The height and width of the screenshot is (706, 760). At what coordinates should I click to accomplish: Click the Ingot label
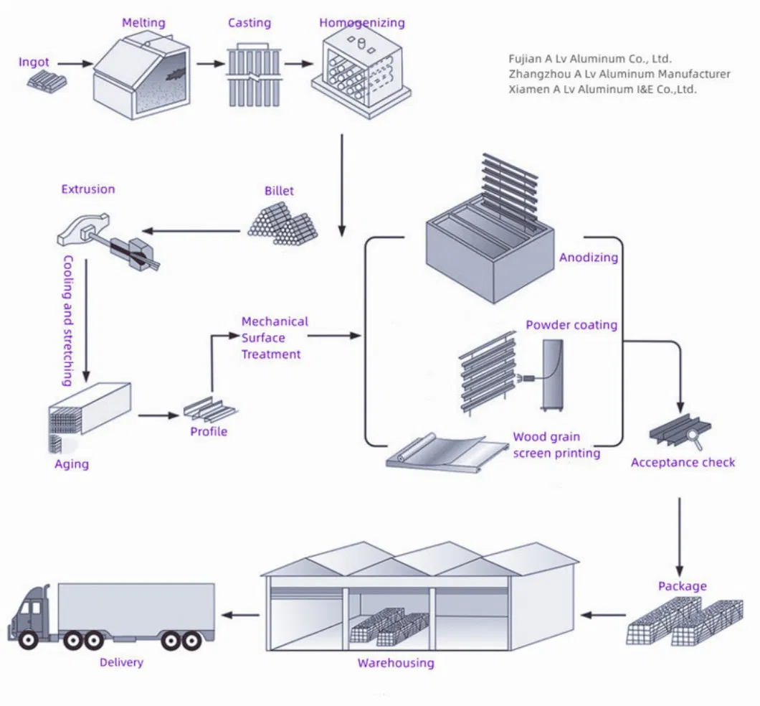34,62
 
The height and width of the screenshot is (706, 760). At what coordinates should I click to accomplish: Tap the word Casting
250,23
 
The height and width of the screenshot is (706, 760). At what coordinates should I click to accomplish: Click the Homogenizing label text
361,23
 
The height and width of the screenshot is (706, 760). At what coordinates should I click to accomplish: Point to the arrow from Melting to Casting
210,64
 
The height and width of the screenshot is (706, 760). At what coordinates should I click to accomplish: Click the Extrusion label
87,189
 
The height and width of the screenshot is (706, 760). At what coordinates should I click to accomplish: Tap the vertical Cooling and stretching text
67,321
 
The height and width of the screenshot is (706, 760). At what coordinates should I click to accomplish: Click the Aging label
72,464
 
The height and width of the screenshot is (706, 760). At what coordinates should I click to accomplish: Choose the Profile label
209,431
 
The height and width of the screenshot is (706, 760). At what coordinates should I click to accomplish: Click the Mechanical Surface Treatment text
274,338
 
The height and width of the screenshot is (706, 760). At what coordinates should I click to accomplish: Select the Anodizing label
588,258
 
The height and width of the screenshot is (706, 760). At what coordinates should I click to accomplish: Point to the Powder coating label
571,325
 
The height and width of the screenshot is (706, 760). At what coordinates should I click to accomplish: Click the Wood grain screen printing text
556,445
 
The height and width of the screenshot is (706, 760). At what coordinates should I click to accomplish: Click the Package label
682,586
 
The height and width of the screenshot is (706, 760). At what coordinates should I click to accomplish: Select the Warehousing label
396,663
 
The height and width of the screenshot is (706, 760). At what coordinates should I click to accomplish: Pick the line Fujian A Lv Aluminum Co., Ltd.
590,59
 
